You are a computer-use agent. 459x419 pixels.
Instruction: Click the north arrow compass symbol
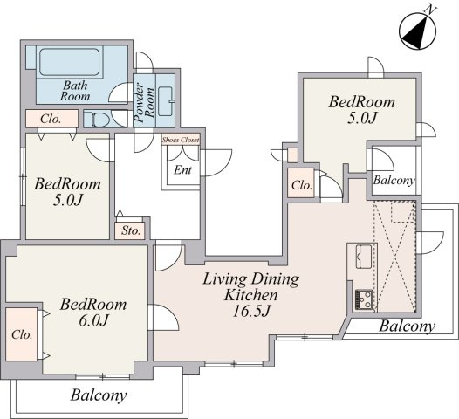click(417, 31)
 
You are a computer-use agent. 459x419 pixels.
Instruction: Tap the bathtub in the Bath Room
click(70, 62)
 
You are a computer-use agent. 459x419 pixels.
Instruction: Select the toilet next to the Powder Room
click(97, 119)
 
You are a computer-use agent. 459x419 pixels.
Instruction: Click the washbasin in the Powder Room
click(167, 101)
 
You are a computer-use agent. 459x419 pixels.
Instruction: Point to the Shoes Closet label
click(181, 140)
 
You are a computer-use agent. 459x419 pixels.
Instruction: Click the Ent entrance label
click(182, 170)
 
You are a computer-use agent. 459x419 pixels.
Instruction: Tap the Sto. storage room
click(130, 231)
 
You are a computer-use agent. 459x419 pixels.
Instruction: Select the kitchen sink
click(364, 257)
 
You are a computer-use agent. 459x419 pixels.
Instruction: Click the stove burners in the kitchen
click(364, 300)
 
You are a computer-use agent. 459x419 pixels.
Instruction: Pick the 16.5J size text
click(250, 312)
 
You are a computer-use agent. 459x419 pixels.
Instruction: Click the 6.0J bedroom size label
click(93, 320)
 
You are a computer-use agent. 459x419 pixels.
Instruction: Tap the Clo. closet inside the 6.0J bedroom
click(22, 334)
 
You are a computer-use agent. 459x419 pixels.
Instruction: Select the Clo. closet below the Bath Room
click(51, 119)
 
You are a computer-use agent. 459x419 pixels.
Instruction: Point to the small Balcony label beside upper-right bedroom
click(394, 180)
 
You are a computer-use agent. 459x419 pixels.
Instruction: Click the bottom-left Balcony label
click(99, 395)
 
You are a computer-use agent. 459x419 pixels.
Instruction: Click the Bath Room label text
click(75, 91)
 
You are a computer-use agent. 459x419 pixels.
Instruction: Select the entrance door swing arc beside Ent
click(216, 162)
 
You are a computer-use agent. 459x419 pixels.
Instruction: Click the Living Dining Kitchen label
click(250, 287)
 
